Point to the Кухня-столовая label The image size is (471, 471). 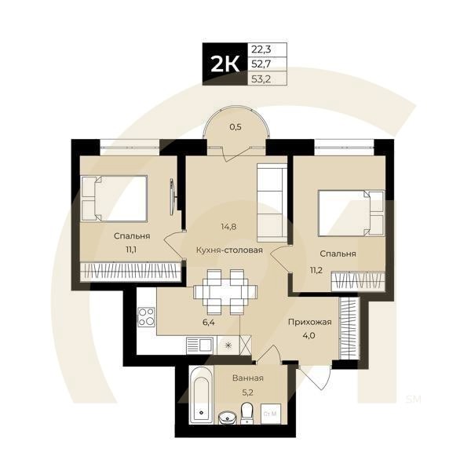click(x=228, y=251)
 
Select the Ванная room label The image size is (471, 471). click(x=247, y=378)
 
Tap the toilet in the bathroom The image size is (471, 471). click(x=247, y=412)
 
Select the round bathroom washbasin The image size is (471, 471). click(x=227, y=417)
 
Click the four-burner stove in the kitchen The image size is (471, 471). click(x=146, y=317)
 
